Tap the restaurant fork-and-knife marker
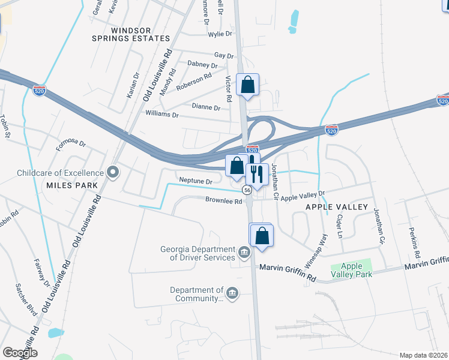(257, 174)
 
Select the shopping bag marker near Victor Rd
(247, 85)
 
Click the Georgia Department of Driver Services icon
(244, 253)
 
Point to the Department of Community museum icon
(232, 293)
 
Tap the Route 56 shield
(247, 190)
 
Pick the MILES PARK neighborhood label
(71, 185)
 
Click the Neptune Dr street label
(196, 181)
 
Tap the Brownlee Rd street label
(223, 202)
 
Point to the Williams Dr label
(162, 113)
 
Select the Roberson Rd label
(194, 82)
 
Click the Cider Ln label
(340, 225)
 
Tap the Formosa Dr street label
(71, 144)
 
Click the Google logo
(20, 352)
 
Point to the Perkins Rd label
(414, 238)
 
